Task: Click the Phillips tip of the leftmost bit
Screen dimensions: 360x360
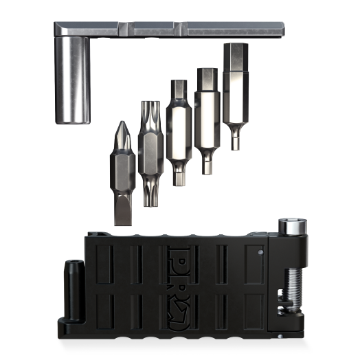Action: point(122,131)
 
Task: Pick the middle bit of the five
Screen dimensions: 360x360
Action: point(177,131)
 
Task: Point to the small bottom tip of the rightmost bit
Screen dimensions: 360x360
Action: point(235,142)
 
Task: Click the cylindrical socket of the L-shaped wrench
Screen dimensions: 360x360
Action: point(73,79)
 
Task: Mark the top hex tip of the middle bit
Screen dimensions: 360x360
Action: point(177,89)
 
